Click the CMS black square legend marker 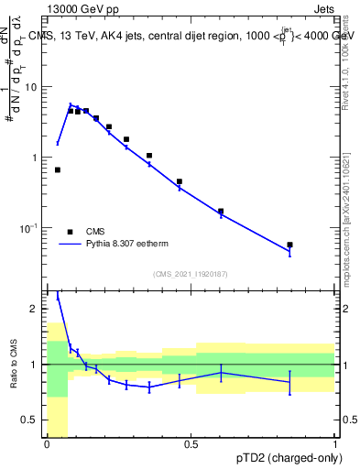coord(70,232)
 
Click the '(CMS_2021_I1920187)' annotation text coord(191,274)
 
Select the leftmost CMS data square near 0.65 coord(57,169)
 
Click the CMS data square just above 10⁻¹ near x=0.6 coord(220,211)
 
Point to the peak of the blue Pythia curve coord(71,105)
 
